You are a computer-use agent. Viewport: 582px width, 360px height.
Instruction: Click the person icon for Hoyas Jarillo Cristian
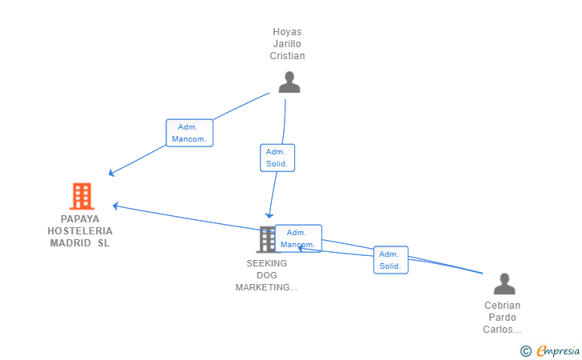289,82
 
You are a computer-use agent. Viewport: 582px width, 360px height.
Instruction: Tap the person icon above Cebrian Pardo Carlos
504,284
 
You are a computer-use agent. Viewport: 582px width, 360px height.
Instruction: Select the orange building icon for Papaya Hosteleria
82,196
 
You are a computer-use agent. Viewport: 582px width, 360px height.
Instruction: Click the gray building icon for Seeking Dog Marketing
267,239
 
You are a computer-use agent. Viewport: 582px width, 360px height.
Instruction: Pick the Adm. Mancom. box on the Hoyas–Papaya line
189,133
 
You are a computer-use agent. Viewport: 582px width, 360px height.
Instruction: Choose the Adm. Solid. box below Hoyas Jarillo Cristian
277,158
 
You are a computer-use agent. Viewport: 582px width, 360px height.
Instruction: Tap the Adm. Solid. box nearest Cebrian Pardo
391,260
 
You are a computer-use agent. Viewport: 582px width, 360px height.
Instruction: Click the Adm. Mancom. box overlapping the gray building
298,238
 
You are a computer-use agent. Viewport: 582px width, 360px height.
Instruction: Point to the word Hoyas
287,32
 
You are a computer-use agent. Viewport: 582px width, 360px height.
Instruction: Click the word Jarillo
287,44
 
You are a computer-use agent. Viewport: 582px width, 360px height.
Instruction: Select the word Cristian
287,56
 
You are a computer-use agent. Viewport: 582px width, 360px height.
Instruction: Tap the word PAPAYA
80,219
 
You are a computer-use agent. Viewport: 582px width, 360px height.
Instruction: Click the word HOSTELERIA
80,231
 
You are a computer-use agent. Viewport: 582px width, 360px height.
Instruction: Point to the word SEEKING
267,263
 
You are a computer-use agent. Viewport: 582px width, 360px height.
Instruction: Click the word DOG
267,275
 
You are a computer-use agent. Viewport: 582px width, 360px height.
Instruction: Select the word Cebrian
502,306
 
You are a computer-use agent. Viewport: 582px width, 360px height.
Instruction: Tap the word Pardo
502,318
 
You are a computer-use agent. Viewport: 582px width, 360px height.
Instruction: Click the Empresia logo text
558,350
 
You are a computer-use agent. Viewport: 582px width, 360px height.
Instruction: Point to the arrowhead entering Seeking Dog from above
269,215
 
